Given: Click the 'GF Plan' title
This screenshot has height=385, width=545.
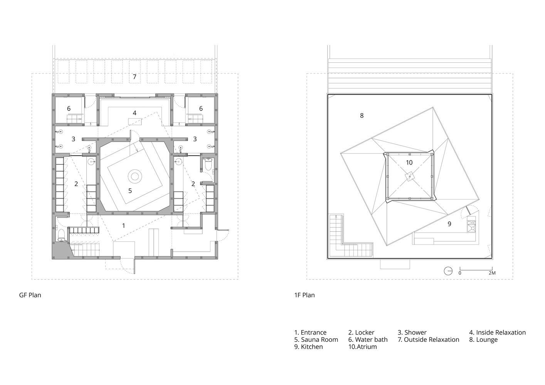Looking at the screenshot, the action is coord(30,295).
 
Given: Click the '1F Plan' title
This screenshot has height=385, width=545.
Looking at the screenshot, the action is coord(304,295).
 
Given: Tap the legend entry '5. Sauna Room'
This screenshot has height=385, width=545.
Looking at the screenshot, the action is coord(316,340).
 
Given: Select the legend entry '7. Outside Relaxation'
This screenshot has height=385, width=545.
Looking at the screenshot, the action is coord(429,340).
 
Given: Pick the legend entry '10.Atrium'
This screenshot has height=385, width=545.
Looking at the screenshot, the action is coord(363,347).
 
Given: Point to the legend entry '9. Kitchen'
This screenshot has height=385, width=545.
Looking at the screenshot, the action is coord(308,347).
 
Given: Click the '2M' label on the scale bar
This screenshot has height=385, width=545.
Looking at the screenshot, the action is coord(492,273).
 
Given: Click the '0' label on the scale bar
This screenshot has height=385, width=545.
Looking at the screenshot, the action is coord(460,273).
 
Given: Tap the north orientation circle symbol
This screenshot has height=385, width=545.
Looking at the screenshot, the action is coord(448,271).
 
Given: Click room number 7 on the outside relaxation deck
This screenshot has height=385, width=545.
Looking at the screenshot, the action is coord(135,77).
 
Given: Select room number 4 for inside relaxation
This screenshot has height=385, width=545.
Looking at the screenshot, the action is coord(135,113).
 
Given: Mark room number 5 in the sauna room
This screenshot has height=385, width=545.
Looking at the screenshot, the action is coord(130,191).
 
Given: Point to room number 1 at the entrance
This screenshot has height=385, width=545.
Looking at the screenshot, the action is coord(124,226).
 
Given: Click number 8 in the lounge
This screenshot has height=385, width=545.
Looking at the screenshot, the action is coord(362,116).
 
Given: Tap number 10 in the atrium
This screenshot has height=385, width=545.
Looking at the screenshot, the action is coord(409,162).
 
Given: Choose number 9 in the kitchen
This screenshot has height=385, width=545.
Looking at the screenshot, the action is coord(449,224).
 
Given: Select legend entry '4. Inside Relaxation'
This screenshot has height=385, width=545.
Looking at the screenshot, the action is coord(498,332).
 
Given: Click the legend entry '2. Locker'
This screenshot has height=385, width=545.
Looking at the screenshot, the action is coord(361,332).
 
